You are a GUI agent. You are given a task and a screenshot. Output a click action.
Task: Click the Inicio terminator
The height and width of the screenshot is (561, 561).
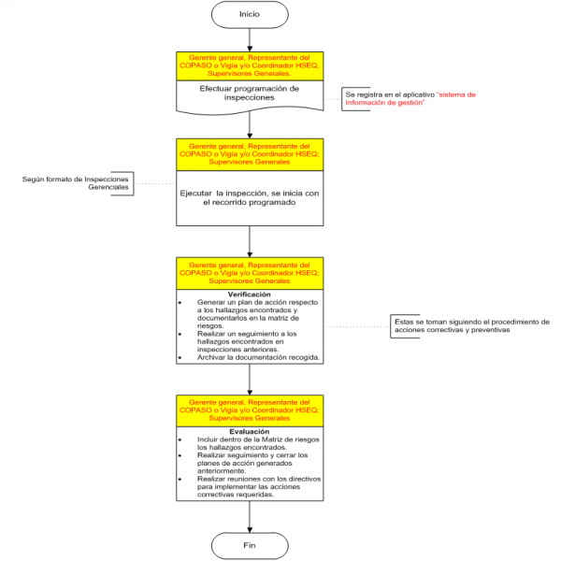[x=250, y=14]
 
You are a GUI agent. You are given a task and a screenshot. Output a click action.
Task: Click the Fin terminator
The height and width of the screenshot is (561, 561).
[x=250, y=544]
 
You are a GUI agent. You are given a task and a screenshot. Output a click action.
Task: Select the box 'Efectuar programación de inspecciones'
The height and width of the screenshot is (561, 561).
[x=250, y=93]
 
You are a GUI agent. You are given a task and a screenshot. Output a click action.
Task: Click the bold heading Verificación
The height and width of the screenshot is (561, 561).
[x=250, y=294]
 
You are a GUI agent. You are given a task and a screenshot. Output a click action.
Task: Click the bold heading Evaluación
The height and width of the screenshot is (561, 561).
[x=250, y=431]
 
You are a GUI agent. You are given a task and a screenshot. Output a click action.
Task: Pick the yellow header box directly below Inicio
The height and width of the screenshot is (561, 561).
[x=250, y=65]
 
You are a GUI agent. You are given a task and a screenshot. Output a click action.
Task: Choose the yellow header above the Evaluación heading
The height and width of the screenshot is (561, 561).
[x=250, y=410]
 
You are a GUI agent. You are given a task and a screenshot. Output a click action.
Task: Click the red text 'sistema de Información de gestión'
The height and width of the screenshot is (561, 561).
[x=411, y=98]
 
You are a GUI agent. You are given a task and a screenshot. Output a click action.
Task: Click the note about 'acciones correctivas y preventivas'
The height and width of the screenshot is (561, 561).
[x=471, y=326]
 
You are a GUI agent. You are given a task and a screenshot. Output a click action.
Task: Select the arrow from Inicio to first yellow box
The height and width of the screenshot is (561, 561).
[x=250, y=38]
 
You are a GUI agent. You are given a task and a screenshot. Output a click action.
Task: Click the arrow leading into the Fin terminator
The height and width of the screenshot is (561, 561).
[x=250, y=519]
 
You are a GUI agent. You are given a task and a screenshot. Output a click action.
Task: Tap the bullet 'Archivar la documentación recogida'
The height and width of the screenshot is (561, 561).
[x=259, y=358]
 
